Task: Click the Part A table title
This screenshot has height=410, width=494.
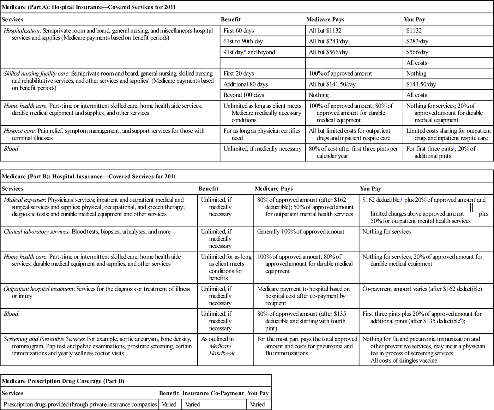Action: coord(89,7)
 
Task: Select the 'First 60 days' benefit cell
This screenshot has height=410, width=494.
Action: coord(239,31)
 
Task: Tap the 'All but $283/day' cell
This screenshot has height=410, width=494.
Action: coord(328,41)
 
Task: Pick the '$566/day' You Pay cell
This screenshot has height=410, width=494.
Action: coord(417,52)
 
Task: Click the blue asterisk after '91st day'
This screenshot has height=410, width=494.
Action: coord(245,52)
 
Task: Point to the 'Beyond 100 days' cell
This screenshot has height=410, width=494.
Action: coord(243,95)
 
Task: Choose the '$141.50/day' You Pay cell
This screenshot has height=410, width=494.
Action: coord(421,84)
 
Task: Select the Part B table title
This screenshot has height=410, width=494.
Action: coord(89,177)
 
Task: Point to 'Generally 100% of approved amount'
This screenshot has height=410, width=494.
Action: coord(301,232)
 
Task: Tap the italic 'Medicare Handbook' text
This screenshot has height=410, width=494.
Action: coord(222,350)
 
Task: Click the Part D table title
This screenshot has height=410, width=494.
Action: coord(63,381)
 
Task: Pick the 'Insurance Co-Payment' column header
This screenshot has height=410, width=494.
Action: coord(213,393)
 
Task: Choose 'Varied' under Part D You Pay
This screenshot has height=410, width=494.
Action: coord(257,404)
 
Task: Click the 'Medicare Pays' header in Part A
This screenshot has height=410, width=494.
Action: coord(325,20)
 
